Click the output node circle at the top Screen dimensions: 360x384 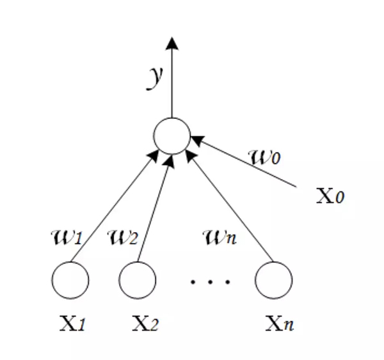172,136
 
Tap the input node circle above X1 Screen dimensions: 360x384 70,280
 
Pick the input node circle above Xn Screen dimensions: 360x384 273,280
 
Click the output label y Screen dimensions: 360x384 154,77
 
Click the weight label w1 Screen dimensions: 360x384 66,239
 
